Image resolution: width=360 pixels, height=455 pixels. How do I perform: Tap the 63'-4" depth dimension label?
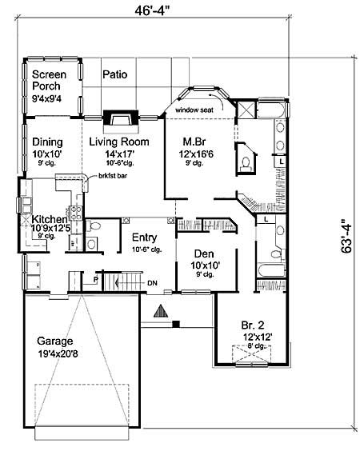point(346,237)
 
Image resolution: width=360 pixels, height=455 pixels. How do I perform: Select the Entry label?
point(145,237)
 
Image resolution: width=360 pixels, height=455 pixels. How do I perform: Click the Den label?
point(202,254)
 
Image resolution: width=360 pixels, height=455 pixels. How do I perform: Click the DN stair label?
point(152,282)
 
